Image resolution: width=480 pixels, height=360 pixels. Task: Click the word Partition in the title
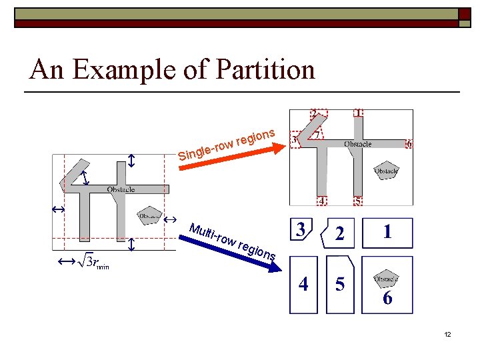266,69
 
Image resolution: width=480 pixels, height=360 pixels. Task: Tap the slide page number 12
447,333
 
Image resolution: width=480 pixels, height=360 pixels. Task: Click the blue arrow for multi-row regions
233,243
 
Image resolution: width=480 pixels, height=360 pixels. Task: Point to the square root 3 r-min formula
93,262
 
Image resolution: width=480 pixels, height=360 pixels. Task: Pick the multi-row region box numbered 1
387,233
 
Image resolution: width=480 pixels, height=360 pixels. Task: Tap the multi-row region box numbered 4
303,285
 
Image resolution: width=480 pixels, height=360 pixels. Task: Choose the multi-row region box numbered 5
340,285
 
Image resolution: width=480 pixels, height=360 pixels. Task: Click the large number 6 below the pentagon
387,297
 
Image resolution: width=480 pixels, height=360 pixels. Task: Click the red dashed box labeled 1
359,113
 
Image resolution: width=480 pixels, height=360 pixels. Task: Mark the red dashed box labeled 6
409,144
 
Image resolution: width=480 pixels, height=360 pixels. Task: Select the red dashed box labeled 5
358,201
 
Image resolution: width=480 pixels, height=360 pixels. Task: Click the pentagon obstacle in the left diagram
149,215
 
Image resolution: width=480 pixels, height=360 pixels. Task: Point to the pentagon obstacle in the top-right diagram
386,170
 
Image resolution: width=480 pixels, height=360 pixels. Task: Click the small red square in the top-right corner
462,13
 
